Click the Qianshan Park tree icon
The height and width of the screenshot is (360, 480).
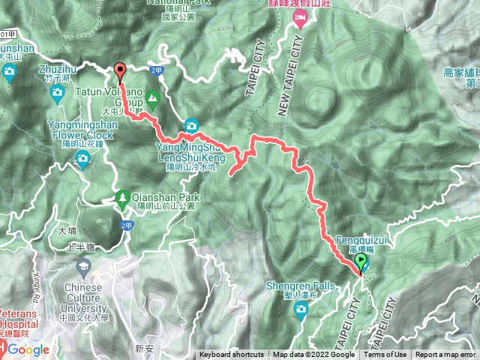(x=121, y=198)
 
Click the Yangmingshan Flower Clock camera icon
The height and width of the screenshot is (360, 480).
(x=82, y=157)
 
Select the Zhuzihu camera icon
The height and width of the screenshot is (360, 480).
(x=57, y=94)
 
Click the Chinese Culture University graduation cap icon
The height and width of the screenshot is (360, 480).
(x=82, y=266)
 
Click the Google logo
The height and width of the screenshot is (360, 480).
(x=28, y=349)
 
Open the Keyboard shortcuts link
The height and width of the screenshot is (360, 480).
(x=232, y=355)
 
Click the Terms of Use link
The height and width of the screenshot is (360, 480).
(x=387, y=355)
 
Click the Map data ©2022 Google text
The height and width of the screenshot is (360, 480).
(x=313, y=355)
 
